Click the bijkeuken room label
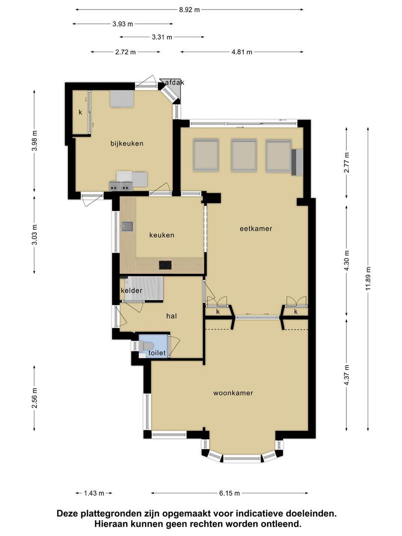[127, 143]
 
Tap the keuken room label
[162, 235]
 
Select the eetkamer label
[256, 229]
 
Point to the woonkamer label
[233, 393]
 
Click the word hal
[172, 316]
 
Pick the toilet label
[157, 353]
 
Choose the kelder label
[132, 290]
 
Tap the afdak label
[175, 82]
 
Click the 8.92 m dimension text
[190, 9]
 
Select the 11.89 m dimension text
[368, 278]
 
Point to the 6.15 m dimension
[229, 493]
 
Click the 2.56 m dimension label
[34, 398]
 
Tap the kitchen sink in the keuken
[128, 226]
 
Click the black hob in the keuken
[165, 265]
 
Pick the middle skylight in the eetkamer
[244, 154]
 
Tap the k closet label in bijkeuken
[81, 112]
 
